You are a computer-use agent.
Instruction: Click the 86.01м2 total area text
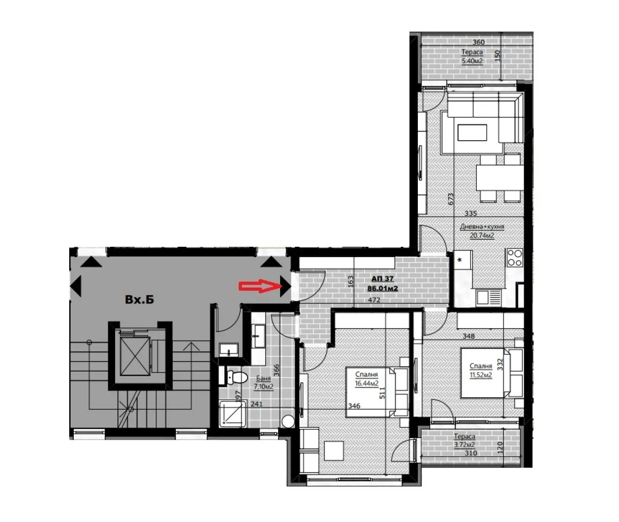click(382, 289)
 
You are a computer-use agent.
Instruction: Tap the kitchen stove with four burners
click(515, 257)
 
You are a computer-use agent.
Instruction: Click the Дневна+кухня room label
click(482, 227)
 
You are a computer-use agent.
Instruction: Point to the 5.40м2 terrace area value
click(471, 61)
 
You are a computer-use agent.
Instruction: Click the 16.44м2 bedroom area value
click(367, 383)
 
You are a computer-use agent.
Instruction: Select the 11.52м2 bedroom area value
click(480, 375)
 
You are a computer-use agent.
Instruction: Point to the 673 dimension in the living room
click(451, 199)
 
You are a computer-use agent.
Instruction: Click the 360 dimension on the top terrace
click(478, 42)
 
